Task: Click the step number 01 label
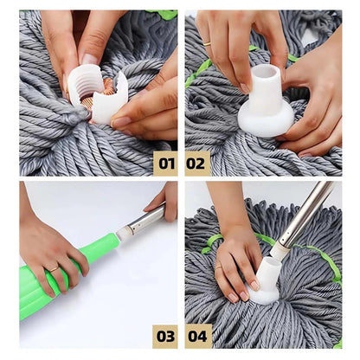(165, 163)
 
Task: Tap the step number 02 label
(197, 163)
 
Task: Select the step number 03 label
(165, 336)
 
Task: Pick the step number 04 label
(197, 336)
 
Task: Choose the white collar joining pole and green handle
(125, 232)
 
